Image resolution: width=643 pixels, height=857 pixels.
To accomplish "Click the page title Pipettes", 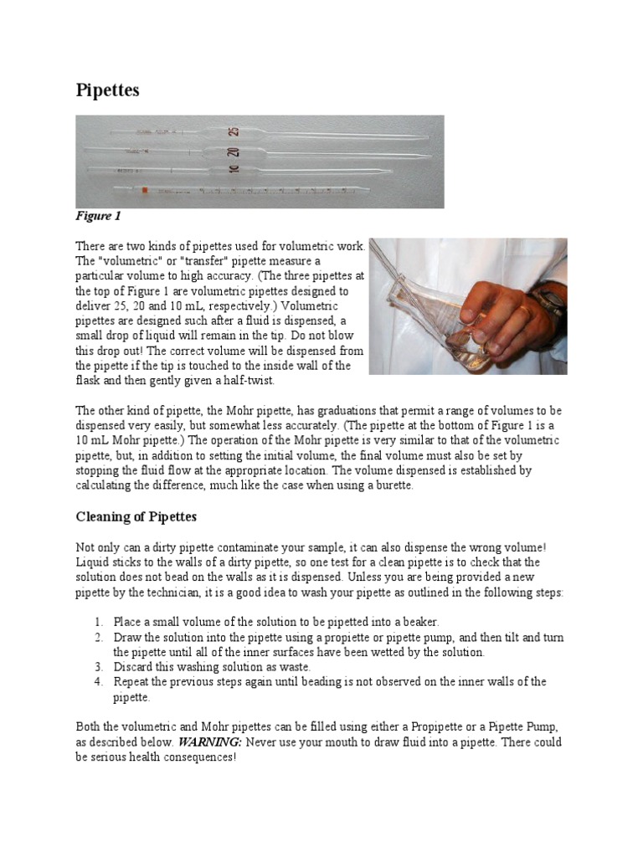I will point(107,90).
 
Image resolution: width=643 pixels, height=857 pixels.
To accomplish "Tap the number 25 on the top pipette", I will point(234,132).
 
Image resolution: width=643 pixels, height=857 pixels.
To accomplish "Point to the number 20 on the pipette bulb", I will point(234,152).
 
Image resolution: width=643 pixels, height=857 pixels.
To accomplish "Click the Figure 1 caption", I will point(98,217).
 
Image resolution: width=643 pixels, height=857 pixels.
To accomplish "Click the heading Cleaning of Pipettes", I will point(136,517).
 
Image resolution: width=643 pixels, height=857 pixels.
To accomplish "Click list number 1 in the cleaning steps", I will point(97,622).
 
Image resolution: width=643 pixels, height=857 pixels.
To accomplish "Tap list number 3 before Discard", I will point(97,667).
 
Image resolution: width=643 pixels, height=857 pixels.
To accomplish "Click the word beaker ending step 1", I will point(418,622).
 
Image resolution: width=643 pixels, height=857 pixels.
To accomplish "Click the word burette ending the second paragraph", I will point(393,486).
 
